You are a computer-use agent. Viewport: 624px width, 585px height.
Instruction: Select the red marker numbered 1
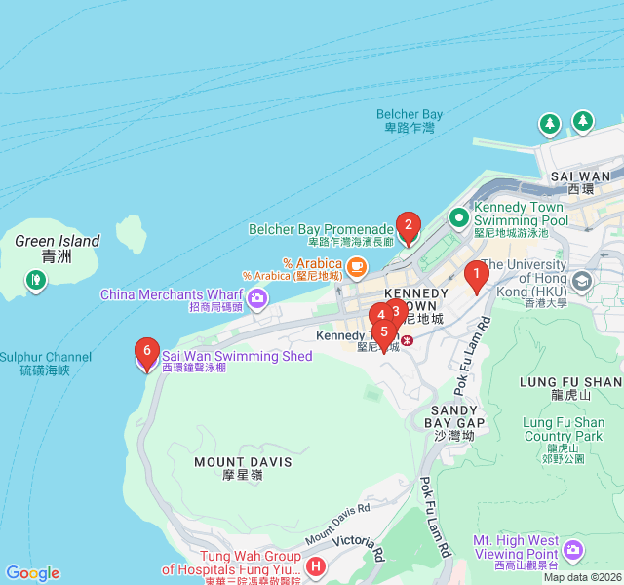click(x=476, y=276)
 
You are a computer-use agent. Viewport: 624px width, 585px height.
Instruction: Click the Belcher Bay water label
click(x=409, y=121)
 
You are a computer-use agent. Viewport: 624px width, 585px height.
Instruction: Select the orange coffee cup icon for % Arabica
click(x=357, y=264)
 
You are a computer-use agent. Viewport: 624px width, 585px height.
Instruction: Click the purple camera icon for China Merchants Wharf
click(x=257, y=295)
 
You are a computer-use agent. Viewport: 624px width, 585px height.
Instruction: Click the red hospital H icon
click(x=315, y=566)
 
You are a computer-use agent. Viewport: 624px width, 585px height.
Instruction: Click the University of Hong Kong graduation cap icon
click(x=582, y=282)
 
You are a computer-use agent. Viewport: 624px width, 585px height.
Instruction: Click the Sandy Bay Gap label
click(x=455, y=417)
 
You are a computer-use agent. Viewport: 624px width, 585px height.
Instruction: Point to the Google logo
click(x=32, y=573)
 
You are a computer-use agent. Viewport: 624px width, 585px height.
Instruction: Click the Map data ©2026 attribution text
click(x=582, y=577)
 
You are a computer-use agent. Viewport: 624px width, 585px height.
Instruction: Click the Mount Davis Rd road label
click(x=337, y=523)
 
